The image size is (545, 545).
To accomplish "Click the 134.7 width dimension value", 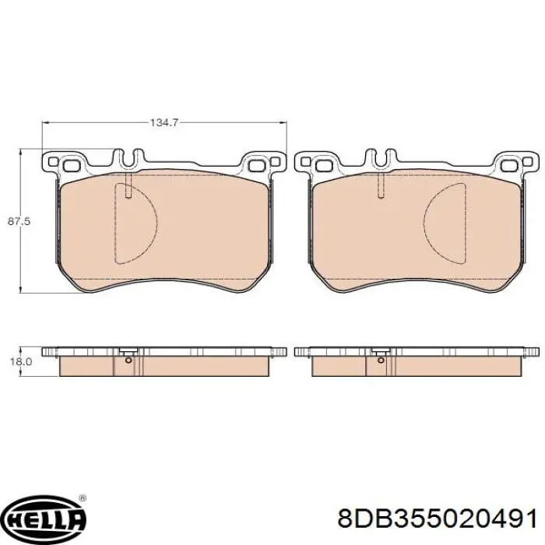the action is tap(163, 122).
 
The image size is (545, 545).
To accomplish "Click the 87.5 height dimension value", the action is tap(19, 221).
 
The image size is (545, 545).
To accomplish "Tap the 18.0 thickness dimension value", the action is tap(21, 362).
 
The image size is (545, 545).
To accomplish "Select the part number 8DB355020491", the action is tap(437, 519).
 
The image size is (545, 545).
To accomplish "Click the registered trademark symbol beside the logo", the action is tap(83, 498).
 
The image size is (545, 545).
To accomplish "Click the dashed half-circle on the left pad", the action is tap(136, 223).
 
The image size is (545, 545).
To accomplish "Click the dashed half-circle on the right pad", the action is tap(445, 223).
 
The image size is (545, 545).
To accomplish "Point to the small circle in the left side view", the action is tap(128, 360).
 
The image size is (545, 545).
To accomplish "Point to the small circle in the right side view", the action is tap(381, 360).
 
